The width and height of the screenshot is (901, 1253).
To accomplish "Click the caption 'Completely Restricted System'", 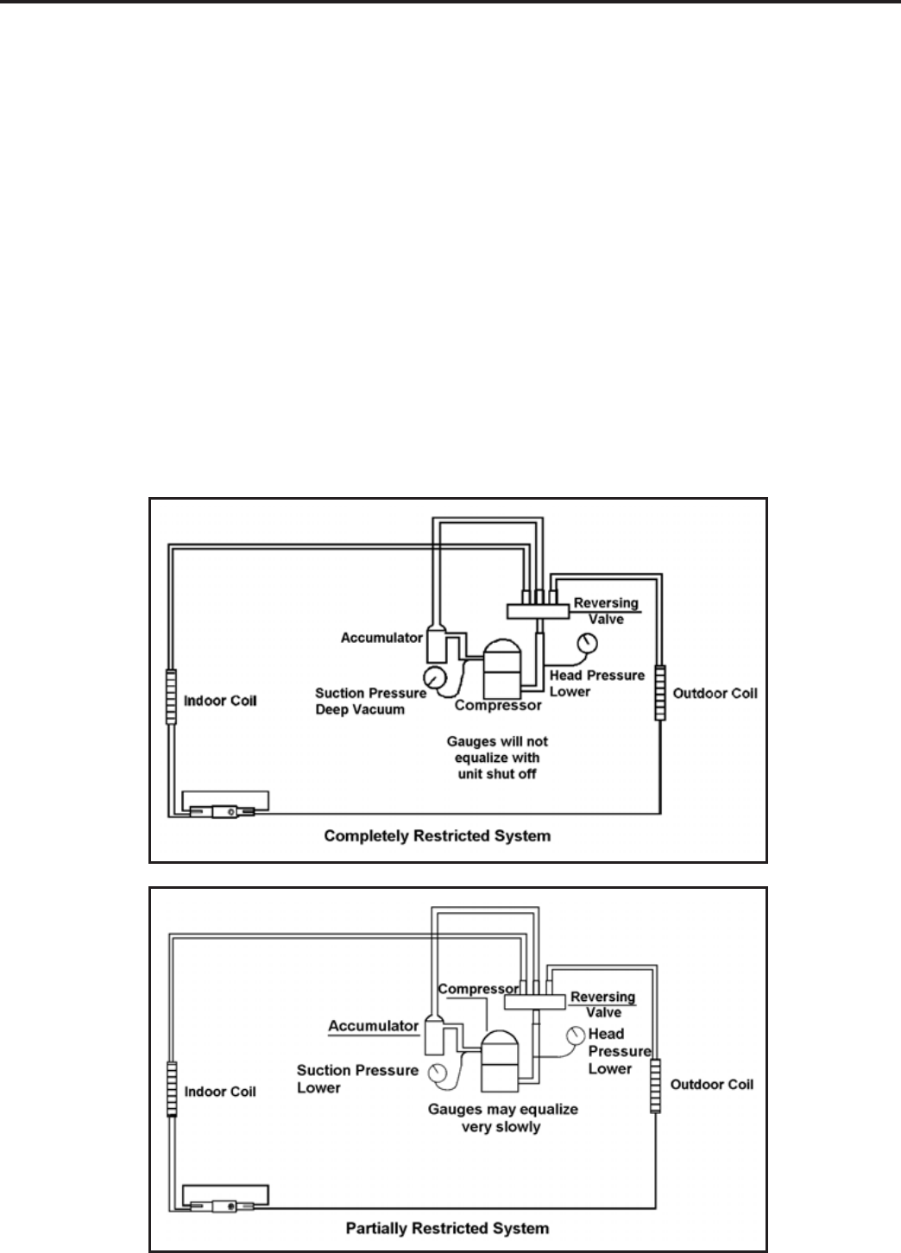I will (437, 835).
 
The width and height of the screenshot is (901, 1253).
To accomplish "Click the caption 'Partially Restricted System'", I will (447, 1227).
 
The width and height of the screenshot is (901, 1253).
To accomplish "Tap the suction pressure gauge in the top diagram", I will (434, 674).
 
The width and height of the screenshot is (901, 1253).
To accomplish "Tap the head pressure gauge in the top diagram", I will (588, 643).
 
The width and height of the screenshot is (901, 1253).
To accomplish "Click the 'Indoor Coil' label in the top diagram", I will (220, 700).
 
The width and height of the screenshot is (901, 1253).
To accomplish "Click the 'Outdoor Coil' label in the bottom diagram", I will (711, 1084).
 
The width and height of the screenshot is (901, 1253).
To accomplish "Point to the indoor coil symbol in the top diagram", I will (171, 696).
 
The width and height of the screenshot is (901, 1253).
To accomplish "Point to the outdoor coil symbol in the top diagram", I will (660, 692).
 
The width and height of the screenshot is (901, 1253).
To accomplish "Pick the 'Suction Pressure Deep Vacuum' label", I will (370, 701).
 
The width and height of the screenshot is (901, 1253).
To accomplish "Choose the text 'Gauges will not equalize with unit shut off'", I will (496, 757).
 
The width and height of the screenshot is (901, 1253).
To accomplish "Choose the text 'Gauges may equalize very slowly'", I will (502, 1118).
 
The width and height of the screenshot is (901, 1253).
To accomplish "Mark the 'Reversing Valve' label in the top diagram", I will (605, 610).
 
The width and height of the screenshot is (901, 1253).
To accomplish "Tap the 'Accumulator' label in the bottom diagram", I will (373, 1026).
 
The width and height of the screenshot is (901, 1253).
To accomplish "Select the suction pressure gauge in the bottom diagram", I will (439, 1073).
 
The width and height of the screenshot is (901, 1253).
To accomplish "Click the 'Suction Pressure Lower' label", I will (356, 1079).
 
